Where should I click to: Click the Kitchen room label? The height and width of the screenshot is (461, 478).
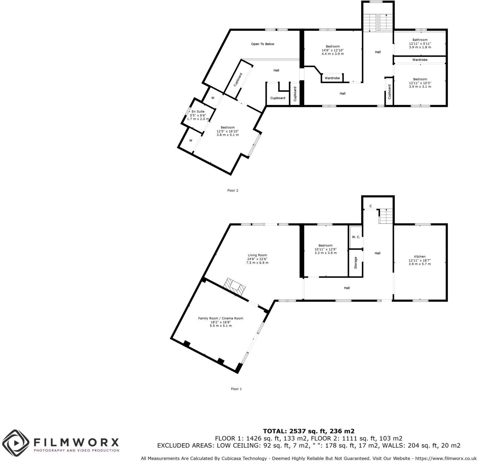(420, 257)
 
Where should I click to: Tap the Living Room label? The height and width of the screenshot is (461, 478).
(257, 255)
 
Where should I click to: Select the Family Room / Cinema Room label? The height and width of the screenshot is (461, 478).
(221, 318)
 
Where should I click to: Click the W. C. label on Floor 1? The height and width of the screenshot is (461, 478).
(356, 237)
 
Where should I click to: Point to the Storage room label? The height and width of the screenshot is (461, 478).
(356, 263)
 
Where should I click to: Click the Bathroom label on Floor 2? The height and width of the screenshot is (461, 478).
(420, 40)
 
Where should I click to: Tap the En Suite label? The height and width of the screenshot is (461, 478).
(198, 112)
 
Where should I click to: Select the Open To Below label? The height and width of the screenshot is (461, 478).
(263, 44)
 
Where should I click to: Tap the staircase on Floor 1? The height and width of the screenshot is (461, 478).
(386, 216)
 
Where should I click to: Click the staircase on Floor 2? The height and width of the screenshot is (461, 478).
(378, 23)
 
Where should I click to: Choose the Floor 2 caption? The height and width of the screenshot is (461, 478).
(233, 191)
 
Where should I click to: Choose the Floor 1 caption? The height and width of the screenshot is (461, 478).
(236, 389)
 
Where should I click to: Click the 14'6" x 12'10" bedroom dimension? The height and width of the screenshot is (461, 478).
(332, 50)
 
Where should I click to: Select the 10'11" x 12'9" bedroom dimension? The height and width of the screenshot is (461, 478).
(325, 249)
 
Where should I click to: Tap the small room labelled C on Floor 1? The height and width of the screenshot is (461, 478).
(371, 206)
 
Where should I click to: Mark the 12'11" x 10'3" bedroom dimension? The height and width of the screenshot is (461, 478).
(420, 83)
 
